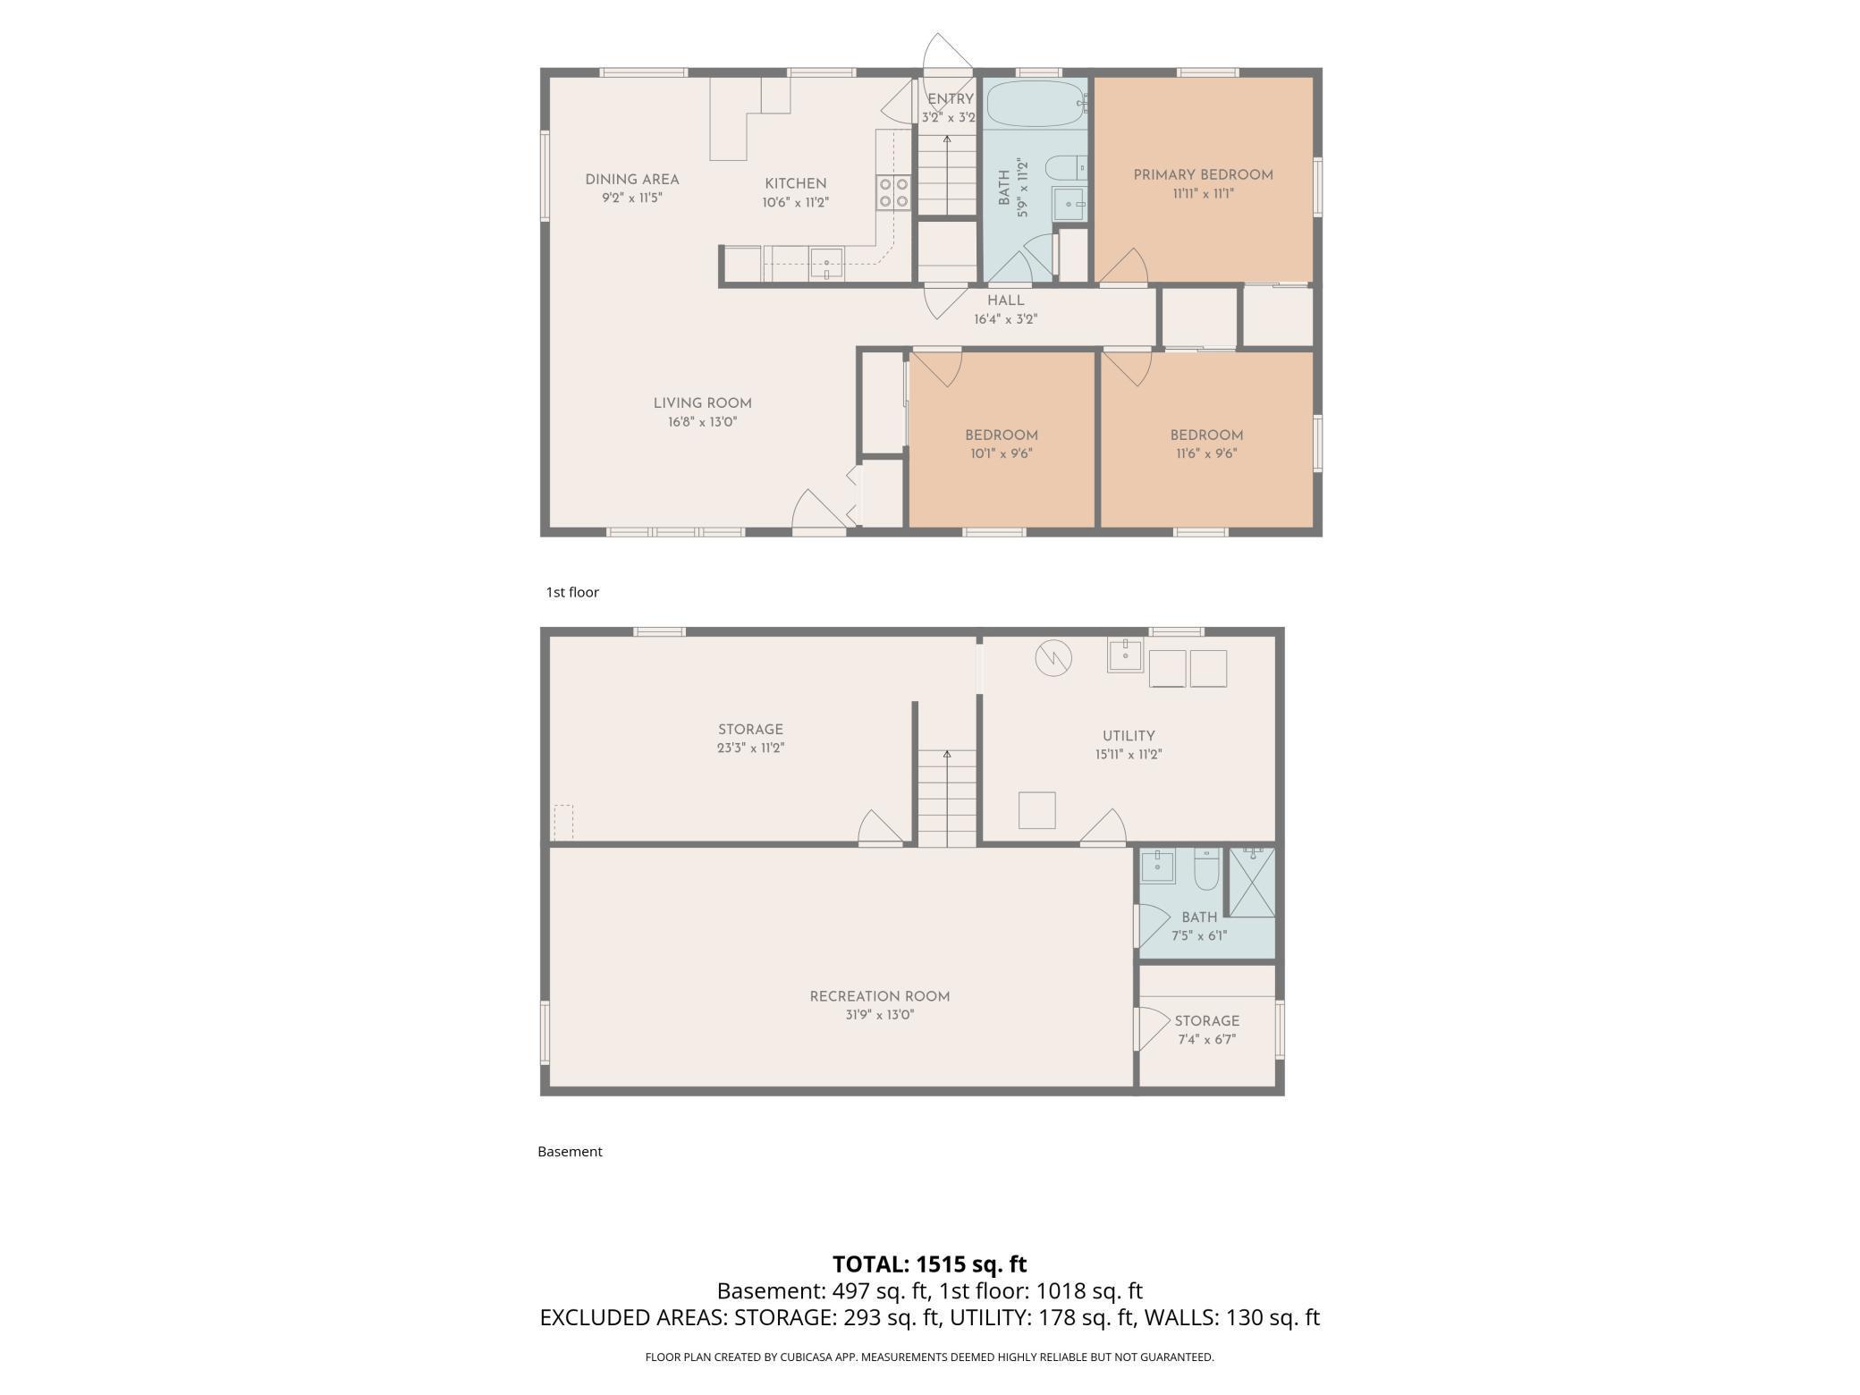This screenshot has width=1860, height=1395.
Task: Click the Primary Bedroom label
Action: point(1203,175)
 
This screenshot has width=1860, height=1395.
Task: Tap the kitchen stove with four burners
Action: point(892,192)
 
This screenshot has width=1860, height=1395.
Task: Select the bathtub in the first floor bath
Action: point(1035,105)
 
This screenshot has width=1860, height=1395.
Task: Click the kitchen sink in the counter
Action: point(827,265)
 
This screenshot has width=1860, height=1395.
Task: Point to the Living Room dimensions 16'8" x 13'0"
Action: point(702,422)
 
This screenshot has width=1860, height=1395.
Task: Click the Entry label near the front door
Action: point(950,99)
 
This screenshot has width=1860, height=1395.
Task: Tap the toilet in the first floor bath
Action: point(1064,167)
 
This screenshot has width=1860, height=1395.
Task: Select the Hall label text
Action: point(1005,300)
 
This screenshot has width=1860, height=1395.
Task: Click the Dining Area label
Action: point(632,180)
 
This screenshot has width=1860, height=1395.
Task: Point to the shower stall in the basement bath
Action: point(1252,883)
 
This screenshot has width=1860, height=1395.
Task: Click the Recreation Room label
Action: point(879,996)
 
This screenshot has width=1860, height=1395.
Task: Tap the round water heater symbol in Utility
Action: point(1053,658)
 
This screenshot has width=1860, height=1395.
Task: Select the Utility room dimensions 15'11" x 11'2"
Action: point(1129,755)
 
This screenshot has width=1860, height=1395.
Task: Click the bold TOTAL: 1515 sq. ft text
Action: point(929,1264)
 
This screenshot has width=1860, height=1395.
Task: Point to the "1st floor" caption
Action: point(572,592)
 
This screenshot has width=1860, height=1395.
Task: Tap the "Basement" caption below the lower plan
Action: point(570,1152)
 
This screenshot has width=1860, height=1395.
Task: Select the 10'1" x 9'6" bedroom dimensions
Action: point(1001,453)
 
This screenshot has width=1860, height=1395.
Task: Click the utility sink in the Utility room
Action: point(1125,655)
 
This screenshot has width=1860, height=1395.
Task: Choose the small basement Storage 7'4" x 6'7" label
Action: point(1206,1021)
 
